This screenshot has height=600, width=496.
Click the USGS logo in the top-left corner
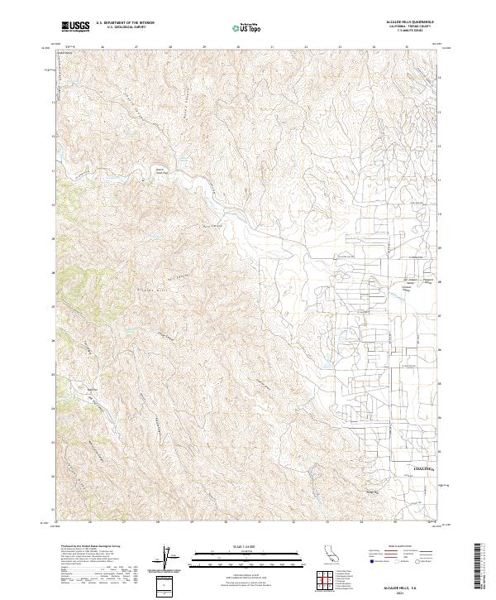click(x=75, y=26)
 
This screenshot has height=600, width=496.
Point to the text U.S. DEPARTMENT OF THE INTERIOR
click(x=125, y=23)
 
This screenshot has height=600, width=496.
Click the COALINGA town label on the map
click(x=424, y=468)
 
